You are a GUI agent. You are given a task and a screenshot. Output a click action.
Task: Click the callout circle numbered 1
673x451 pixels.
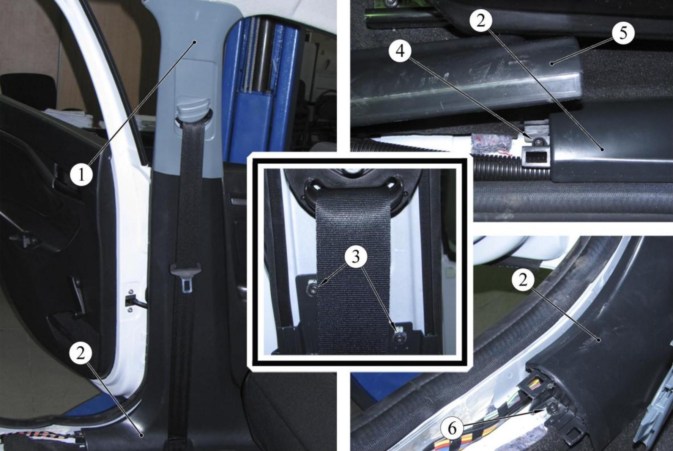point(81,175)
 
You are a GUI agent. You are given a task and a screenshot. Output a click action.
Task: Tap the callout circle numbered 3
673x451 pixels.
point(355,257)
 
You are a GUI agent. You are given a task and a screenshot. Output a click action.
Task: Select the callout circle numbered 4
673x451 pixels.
point(400,50)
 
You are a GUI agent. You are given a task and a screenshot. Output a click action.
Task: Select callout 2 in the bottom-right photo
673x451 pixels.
point(523,280)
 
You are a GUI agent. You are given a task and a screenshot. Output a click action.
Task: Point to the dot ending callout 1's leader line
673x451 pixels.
point(195,42)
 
